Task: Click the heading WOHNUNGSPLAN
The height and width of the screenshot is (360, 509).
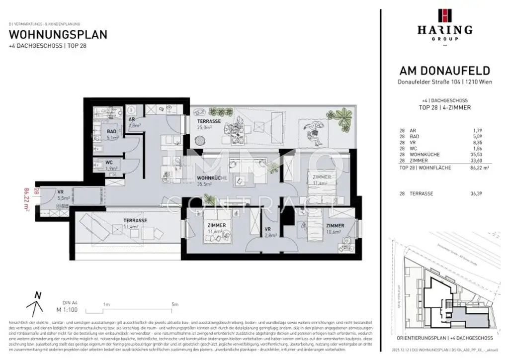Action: click(58, 35)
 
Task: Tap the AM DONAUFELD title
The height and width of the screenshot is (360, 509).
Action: click(444, 71)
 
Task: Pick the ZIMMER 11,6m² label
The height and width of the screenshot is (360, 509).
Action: click(216, 228)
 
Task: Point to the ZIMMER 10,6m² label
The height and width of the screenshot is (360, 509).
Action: click(336, 228)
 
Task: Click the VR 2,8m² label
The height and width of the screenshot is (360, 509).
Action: click(270, 231)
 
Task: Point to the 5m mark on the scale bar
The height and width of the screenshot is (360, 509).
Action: click(174, 304)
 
